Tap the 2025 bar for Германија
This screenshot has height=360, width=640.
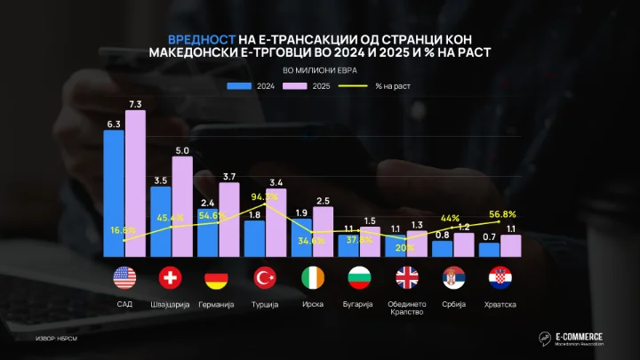pyautogui.click(x=228, y=220)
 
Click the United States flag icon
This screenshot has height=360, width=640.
pyautogui.click(x=124, y=278)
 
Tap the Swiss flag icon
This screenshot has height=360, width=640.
pyautogui.click(x=171, y=278)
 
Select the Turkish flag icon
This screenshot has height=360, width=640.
pyautogui.click(x=265, y=278)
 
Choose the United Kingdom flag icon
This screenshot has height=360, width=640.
pyautogui.click(x=405, y=278)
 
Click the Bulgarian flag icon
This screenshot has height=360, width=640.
pyautogui.click(x=358, y=278)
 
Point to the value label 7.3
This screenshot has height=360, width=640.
pyautogui.click(x=135, y=104)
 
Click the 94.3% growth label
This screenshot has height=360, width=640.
pyautogui.click(x=265, y=196)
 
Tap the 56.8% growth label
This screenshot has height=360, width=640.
pyautogui.click(x=501, y=214)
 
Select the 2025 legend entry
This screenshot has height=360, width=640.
pyautogui.click(x=313, y=86)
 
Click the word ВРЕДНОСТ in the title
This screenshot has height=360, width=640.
pyautogui.click(x=201, y=39)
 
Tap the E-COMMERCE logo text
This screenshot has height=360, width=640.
pyautogui.click(x=579, y=336)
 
